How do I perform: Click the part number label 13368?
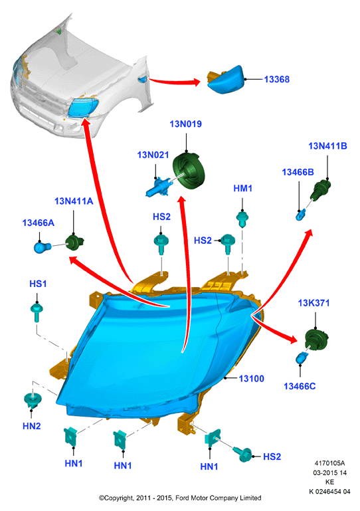click(276, 79)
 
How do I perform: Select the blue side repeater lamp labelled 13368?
click(225, 80)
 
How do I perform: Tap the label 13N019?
click(186, 124)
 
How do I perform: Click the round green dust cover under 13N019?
click(189, 171)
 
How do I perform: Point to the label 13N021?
click(153, 155)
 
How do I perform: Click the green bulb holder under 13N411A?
click(74, 243)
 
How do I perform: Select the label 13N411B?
click(327, 146)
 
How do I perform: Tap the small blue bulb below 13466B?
click(301, 215)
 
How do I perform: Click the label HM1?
click(242, 188)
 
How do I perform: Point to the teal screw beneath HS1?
click(37, 312)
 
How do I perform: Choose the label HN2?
click(32, 426)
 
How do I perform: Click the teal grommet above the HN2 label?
click(33, 401)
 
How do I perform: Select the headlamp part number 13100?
click(251, 379)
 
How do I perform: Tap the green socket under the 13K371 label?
click(316, 340)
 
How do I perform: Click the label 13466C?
click(300, 386)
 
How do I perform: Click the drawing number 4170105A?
click(329, 463)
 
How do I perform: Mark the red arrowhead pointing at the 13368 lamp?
click(196, 82)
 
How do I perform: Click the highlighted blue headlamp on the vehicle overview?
click(84, 107)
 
